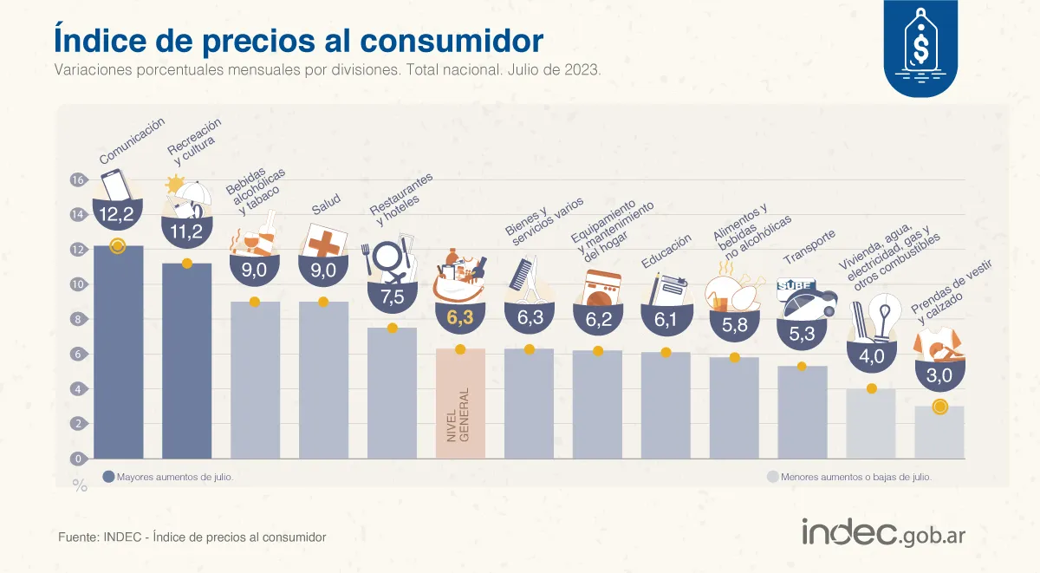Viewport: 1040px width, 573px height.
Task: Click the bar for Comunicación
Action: point(119,355)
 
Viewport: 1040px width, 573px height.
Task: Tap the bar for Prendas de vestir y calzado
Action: point(939,433)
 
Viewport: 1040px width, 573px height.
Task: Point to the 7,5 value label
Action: point(392,296)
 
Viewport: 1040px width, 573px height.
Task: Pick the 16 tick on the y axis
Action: point(77,180)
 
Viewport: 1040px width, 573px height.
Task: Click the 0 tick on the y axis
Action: point(77,459)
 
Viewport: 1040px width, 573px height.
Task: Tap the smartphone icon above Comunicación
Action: point(117,184)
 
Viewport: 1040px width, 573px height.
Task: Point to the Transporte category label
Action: point(809,247)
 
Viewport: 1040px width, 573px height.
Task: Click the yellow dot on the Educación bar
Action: point(666,352)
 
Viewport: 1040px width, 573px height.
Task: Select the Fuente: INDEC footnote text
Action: point(192,537)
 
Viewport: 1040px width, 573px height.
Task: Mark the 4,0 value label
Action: point(871,356)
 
